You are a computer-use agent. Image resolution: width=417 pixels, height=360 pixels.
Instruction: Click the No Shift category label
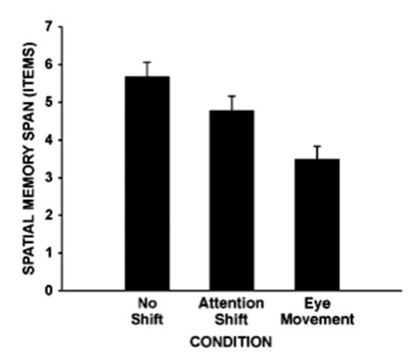point(148,308)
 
